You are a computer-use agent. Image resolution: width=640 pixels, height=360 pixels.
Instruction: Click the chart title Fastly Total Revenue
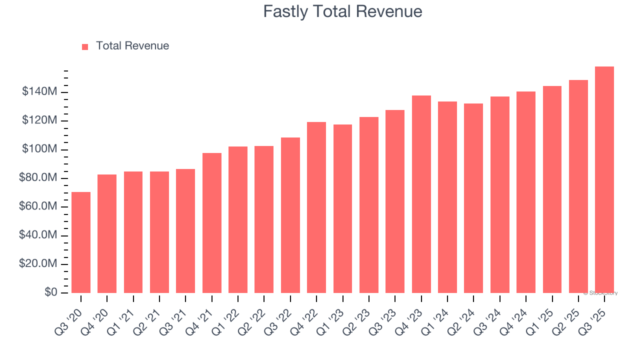(x=342, y=11)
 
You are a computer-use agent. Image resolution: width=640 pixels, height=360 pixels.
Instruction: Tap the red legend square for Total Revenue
(x=85, y=46)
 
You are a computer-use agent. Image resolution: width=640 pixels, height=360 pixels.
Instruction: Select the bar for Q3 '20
(x=81, y=242)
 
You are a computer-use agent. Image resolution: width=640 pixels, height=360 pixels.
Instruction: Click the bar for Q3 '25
(x=604, y=180)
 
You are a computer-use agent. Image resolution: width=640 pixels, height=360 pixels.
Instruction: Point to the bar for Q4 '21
(x=212, y=223)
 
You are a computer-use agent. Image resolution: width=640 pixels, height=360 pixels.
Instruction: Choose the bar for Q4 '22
(x=316, y=207)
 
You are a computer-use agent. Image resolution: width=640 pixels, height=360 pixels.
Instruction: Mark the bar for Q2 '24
(x=473, y=198)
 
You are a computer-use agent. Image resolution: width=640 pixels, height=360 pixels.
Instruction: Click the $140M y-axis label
(x=39, y=92)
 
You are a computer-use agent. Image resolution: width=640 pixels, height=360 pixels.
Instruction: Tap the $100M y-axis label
(x=39, y=149)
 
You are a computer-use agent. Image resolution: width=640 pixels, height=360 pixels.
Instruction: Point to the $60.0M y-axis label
(x=38, y=207)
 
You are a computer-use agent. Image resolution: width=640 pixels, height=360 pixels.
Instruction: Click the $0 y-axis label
(x=50, y=292)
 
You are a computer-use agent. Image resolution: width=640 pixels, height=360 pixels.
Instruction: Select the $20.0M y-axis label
(x=38, y=264)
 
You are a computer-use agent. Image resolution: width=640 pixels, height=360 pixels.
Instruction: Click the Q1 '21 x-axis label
(x=125, y=315)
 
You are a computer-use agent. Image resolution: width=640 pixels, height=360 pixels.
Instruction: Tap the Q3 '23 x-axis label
(x=386, y=315)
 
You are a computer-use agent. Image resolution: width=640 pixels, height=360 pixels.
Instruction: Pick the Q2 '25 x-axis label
(x=570, y=315)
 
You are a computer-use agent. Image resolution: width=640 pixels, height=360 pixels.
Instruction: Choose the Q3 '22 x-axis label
(x=282, y=315)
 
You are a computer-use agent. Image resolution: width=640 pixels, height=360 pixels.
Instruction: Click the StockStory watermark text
(x=600, y=293)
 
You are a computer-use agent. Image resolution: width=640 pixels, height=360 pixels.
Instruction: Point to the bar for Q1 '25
(x=552, y=189)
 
